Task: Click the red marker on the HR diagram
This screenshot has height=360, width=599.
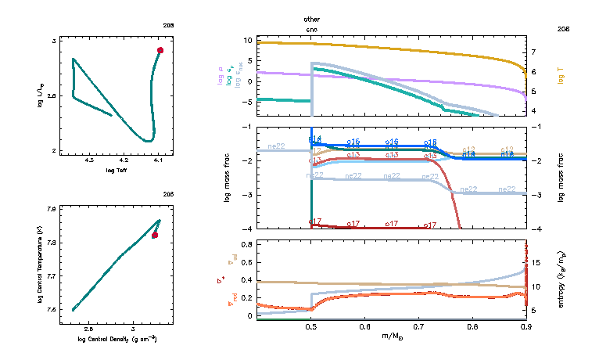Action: (160, 50)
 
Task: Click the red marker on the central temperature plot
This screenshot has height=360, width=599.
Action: (155, 235)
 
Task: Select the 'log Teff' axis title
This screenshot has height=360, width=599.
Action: (116, 170)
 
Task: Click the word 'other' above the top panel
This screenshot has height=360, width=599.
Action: (312, 18)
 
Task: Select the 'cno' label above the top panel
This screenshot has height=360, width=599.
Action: (312, 29)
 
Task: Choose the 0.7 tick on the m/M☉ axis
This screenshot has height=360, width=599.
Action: (419, 328)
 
